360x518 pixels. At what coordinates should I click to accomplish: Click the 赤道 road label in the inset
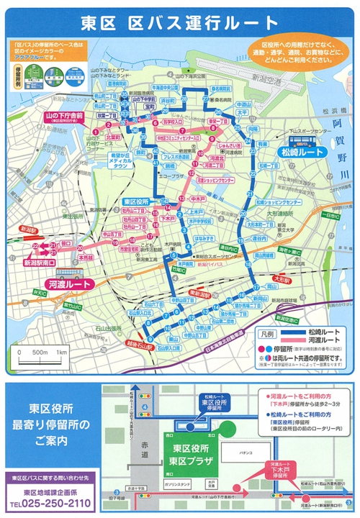[x=145, y=450]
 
